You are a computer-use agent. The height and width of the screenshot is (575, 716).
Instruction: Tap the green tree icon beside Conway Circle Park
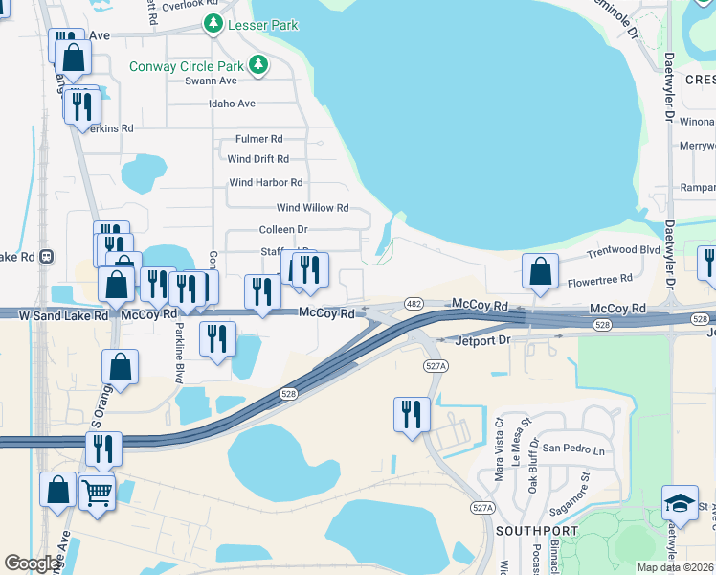[257, 65]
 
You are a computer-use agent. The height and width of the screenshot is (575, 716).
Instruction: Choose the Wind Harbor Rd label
[265, 182]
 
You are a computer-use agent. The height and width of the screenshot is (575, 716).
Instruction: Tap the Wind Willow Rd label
[312, 208]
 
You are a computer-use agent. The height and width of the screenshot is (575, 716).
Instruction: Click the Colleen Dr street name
[282, 230]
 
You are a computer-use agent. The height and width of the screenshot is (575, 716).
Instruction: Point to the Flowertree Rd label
[600, 280]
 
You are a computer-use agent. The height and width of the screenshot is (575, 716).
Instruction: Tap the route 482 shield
[414, 302]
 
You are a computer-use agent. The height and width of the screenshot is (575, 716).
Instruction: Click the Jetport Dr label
[484, 339]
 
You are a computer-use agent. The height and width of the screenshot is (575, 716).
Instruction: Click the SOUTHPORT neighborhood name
[536, 530]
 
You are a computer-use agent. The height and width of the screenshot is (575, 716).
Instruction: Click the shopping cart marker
[98, 493]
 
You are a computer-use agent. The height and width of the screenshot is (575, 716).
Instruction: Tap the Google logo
[33, 563]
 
